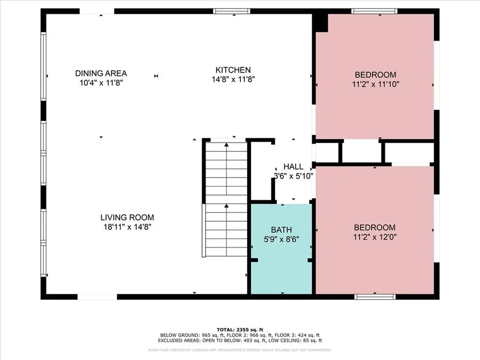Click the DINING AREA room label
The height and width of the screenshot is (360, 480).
(x=101, y=74)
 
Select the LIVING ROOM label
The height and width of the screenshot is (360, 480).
(x=127, y=217)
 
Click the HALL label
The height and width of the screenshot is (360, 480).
(x=293, y=167)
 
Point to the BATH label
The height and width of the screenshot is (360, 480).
(x=281, y=230)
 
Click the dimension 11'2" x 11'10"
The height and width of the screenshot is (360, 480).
(x=375, y=84)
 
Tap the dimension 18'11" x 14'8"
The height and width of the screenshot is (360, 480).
(x=127, y=227)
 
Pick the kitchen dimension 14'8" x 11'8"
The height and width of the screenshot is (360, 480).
(x=233, y=80)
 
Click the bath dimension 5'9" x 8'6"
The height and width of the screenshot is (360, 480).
(x=281, y=239)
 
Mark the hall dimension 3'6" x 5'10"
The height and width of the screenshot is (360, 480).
(x=293, y=176)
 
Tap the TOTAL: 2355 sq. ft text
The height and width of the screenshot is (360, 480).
(x=240, y=329)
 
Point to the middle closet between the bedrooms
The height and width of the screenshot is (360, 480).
(x=361, y=151)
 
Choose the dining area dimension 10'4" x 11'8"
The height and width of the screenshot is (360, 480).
(x=101, y=83)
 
